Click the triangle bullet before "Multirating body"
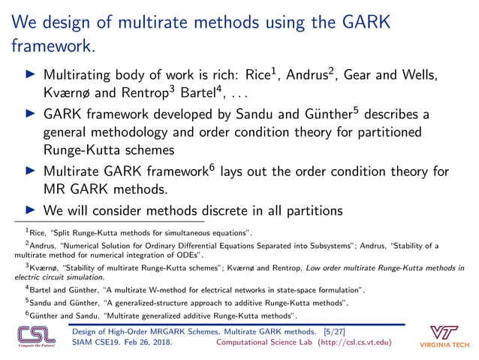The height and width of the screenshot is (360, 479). coord(30,76)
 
